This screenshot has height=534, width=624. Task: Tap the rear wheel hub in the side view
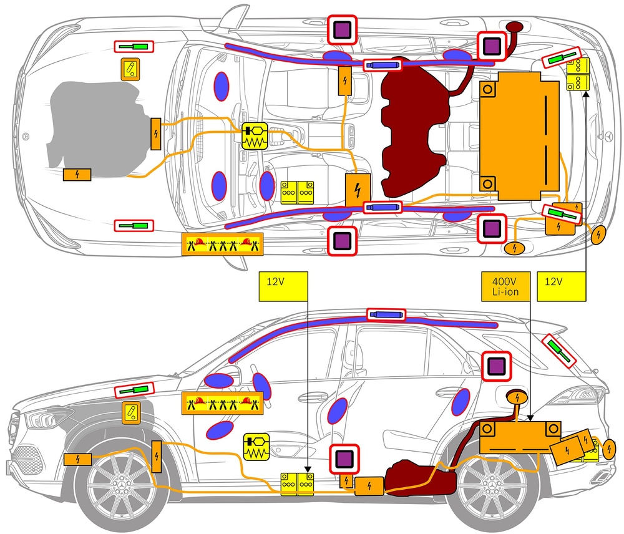[490, 487]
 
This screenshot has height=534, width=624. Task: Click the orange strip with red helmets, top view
[222, 243]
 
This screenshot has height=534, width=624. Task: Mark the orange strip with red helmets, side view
[222, 403]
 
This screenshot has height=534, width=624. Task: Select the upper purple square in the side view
[497, 366]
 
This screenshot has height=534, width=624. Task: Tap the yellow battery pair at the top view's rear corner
[578, 74]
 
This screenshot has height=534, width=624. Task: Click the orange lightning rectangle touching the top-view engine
[156, 133]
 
